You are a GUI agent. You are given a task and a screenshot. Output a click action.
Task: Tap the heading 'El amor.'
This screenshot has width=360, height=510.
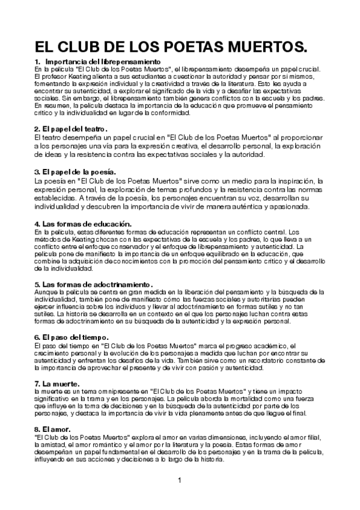tap(57, 429)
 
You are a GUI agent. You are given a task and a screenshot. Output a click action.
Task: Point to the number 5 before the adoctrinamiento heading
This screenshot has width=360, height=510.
tap(37, 283)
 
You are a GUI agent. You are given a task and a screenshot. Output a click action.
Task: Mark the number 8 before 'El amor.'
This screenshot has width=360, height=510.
tap(37, 429)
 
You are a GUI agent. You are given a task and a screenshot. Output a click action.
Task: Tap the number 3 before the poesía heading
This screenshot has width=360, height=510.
tap(37, 172)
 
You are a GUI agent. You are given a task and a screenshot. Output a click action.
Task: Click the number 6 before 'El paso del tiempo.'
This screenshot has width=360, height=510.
tap(37, 337)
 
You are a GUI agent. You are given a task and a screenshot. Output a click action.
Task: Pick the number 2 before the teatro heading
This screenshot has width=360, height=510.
tap(37, 129)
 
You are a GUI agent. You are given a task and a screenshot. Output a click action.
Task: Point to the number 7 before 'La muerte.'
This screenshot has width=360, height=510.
tap(37, 383)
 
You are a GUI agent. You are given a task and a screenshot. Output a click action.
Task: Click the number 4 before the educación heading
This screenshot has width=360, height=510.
tap(37, 224)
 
